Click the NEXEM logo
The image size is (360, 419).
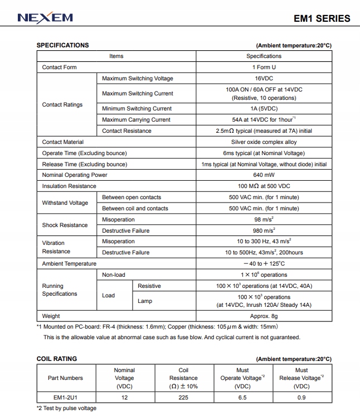pos(45,18)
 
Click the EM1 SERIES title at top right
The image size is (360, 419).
pos(322,18)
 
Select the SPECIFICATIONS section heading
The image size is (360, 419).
pos(62,45)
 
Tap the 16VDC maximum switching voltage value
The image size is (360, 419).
pos(264,79)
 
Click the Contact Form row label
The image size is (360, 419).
pos(60,68)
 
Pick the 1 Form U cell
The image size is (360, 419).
pos(264,68)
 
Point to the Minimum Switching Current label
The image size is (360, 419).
pos(137,109)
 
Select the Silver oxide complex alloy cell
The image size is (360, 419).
pos(264,142)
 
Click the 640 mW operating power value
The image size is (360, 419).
pos(264,175)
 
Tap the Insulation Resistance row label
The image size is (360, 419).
pos(69,186)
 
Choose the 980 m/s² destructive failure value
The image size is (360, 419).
pos(264,230)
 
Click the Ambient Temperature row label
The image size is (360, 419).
pos(69,264)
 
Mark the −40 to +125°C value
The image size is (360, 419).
pos(264,264)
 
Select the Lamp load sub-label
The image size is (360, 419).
pos(145,301)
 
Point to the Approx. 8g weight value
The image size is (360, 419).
pos(264,316)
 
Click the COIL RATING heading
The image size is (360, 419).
pos(57,359)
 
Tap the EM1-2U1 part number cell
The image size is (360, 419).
pos(65,398)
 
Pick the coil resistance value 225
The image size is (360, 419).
pos(183,398)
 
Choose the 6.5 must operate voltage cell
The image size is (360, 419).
pos(242,398)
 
